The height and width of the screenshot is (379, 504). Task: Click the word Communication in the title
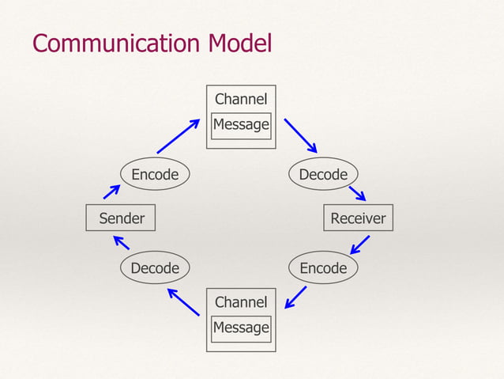[117, 43]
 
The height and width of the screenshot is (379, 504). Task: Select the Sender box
[121, 218]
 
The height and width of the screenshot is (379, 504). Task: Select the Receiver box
[358, 218]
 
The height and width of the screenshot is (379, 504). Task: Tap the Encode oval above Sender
[155, 174]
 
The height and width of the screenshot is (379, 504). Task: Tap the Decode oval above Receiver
[323, 174]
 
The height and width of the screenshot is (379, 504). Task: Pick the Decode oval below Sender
[155, 268]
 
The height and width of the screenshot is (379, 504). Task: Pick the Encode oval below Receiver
[323, 268]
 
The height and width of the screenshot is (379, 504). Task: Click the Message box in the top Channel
[241, 125]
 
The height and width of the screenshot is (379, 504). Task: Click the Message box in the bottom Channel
[241, 328]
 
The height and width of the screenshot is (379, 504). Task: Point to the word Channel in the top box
[241, 100]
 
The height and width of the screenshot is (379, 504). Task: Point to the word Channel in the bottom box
[241, 302]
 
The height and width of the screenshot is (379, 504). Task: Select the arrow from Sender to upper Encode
[111, 192]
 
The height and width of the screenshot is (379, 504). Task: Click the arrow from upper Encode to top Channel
[178, 136]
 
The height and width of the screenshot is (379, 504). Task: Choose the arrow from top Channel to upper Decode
[300, 136]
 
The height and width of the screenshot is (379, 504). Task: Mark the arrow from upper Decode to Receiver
[357, 193]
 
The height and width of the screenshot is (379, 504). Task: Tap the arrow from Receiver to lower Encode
[360, 244]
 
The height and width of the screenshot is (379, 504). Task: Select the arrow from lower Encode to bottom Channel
[296, 298]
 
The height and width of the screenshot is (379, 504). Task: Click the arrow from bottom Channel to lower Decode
[183, 301]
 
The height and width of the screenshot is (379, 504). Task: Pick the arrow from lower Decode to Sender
[121, 243]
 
